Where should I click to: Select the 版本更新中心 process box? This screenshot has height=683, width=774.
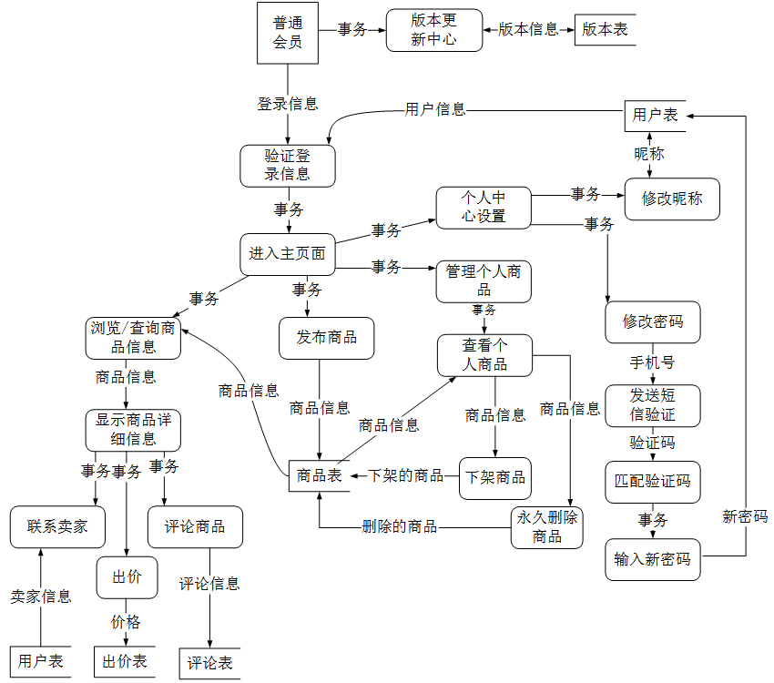[x=433, y=30]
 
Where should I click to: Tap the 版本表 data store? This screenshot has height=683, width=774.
[x=605, y=29]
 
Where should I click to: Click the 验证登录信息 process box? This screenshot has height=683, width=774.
[x=288, y=165]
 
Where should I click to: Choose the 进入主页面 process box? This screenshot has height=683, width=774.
[x=288, y=253]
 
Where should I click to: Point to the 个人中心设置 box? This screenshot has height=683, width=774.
[x=483, y=208]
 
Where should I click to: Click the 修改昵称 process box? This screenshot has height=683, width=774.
[x=672, y=199]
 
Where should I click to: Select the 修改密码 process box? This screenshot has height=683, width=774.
[x=653, y=321]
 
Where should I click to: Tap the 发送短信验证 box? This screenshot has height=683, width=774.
[x=653, y=405]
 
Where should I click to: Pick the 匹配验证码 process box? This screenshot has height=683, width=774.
[x=653, y=481]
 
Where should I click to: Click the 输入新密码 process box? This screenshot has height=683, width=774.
[x=653, y=559]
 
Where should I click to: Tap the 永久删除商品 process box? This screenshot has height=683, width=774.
[x=547, y=527]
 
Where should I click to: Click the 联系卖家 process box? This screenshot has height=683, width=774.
[x=57, y=526]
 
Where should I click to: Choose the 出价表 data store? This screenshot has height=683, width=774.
[x=125, y=661]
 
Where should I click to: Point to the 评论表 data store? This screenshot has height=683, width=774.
[x=210, y=662]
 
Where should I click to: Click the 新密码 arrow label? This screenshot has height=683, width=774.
[x=745, y=515]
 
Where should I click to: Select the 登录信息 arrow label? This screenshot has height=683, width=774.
[x=288, y=104]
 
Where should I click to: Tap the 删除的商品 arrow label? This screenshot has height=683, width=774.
[x=399, y=526]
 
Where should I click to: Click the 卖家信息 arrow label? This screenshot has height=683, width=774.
[x=41, y=596]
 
